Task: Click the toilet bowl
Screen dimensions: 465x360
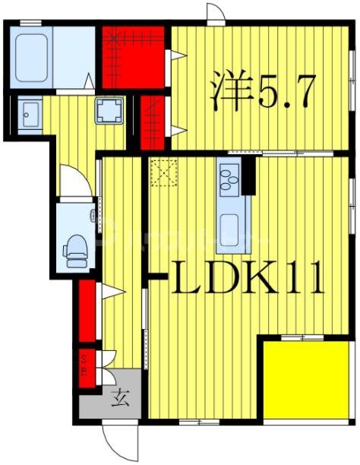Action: coord(76,249)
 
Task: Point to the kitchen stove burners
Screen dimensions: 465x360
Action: coord(229,179)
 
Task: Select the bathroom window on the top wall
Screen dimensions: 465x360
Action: coord(30,23)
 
